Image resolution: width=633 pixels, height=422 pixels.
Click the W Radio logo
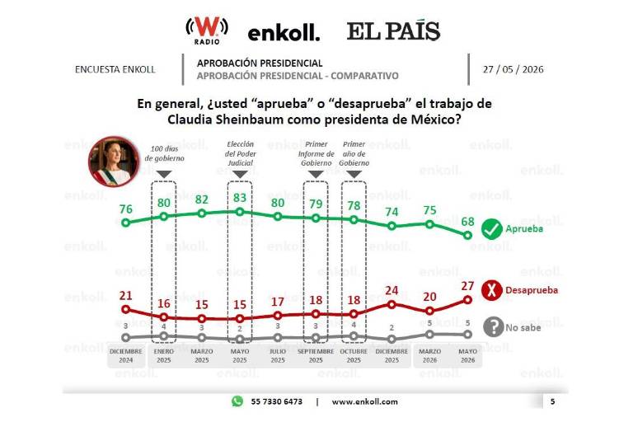point(207,30)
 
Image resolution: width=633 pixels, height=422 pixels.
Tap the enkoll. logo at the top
point(284,33)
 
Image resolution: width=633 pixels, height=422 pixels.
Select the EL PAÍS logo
point(393,30)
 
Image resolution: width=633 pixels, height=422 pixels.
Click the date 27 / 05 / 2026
point(513,69)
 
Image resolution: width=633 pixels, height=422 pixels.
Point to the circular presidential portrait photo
point(115,161)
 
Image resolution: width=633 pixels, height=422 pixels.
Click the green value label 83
point(240,198)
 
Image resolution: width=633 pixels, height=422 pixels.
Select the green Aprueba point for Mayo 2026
point(467,235)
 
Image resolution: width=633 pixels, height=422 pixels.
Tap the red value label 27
point(467,286)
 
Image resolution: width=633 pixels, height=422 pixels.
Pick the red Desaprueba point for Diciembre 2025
point(392,304)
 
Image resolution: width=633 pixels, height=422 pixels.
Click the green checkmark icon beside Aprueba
point(492,229)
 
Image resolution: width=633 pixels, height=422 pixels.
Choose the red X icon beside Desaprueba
point(492,290)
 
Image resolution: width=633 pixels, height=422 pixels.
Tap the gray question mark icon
point(494,326)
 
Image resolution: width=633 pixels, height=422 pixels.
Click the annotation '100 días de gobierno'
point(164,153)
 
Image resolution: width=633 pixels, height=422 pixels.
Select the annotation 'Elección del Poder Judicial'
point(240,153)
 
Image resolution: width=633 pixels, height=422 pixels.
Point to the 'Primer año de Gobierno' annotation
point(354,153)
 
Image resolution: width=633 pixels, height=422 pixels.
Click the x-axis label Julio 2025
point(278,356)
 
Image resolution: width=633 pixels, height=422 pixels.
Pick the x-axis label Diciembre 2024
point(126,356)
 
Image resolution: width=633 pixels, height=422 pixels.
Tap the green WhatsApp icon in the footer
point(237,401)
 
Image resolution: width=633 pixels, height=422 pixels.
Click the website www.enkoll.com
point(364,402)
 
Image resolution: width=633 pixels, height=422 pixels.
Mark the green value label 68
point(467,221)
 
